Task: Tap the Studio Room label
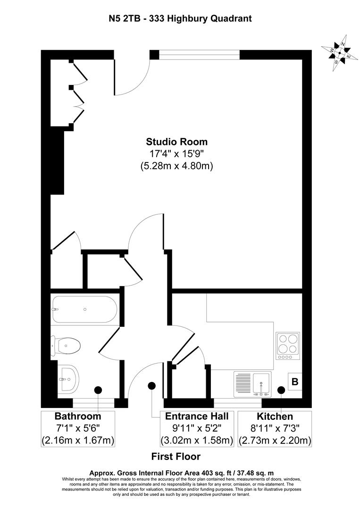coord(176,141)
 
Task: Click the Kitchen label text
coord(275,416)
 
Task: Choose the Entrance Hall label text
coord(197,416)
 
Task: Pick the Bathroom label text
coord(78,416)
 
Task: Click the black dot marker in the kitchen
coord(281,390)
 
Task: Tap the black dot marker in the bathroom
coord(98,390)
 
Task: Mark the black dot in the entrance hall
coord(151,386)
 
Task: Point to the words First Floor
coord(176,457)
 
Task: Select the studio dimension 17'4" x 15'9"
coord(176,153)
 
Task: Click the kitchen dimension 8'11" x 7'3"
coord(275,429)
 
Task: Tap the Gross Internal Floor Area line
coord(182,472)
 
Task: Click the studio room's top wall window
coord(200,55)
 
